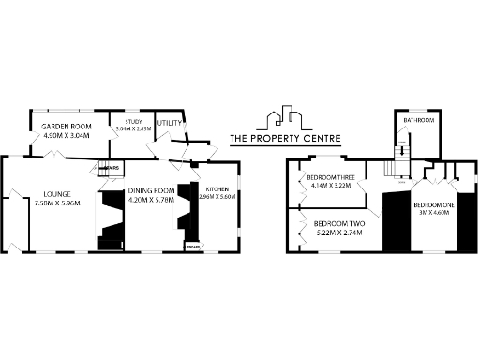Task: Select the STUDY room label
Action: click(x=129, y=122)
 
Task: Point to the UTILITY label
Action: click(x=170, y=123)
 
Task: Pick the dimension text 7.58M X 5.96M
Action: click(x=57, y=203)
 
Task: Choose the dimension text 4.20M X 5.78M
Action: click(x=151, y=199)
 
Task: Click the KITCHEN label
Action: click(x=217, y=189)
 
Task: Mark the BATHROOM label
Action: click(x=416, y=121)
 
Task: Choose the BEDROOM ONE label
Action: click(x=434, y=204)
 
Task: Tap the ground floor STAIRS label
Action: click(x=112, y=168)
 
